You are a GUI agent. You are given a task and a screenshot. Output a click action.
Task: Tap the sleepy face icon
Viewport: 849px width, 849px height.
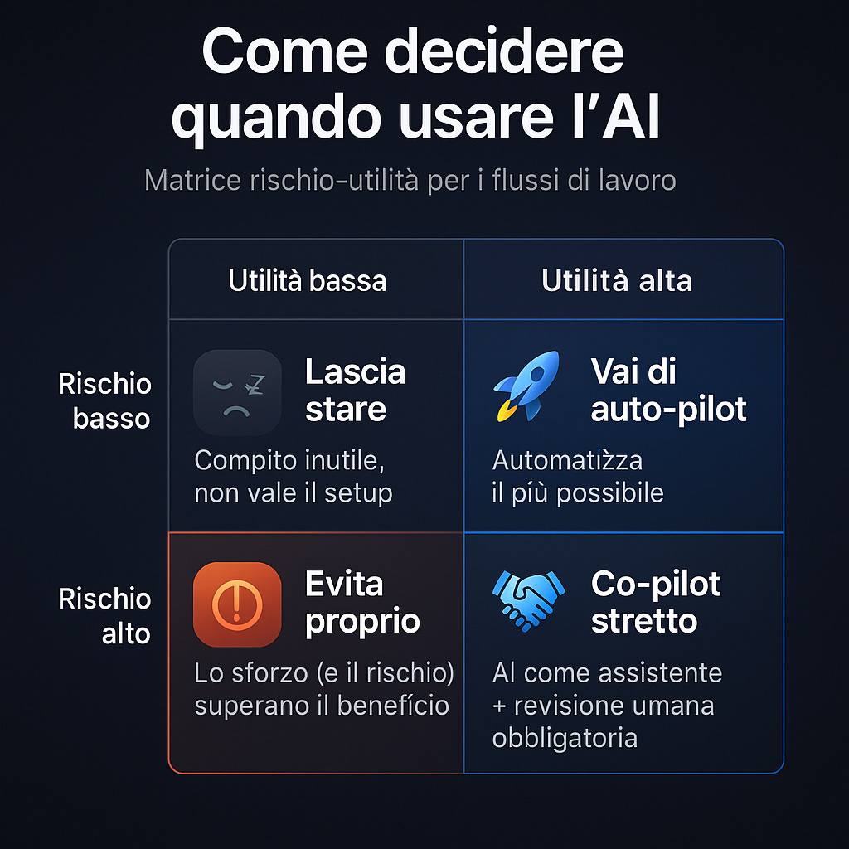(236, 391)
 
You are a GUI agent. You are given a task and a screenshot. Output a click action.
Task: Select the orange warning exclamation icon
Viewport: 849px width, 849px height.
(236, 604)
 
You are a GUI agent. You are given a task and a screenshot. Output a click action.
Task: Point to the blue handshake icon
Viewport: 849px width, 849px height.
(528, 598)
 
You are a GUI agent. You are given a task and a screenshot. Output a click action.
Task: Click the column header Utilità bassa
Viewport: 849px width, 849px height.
(308, 281)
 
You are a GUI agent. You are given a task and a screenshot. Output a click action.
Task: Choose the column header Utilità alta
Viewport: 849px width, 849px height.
(617, 281)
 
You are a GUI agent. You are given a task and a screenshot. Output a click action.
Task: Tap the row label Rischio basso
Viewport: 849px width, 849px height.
(104, 401)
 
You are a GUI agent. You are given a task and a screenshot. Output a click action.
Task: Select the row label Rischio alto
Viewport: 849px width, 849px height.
(104, 616)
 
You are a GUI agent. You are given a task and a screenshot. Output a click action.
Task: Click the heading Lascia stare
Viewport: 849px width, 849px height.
(355, 390)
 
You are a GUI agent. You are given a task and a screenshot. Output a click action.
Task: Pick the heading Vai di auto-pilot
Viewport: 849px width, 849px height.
(668, 390)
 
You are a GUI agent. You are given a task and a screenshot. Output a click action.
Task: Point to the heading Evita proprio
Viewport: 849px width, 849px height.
(362, 603)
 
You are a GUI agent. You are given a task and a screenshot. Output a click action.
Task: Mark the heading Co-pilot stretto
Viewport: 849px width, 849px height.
(656, 603)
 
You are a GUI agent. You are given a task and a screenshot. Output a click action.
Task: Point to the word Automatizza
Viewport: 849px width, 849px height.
(567, 459)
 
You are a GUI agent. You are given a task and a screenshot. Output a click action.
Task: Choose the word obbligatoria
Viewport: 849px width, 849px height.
(564, 738)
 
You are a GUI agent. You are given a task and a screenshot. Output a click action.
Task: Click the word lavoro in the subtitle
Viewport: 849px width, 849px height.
(633, 180)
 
